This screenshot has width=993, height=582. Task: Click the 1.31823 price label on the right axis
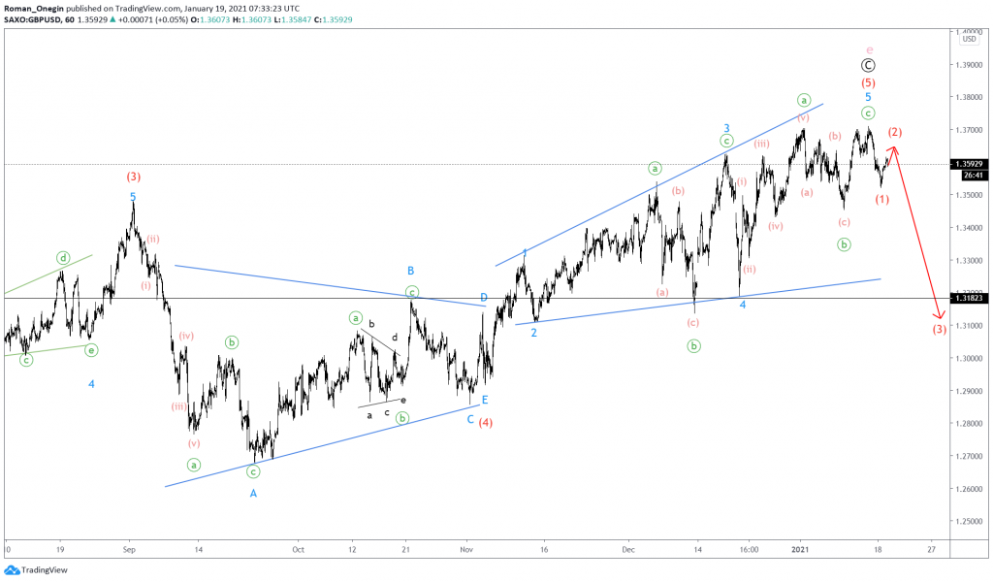point(971,299)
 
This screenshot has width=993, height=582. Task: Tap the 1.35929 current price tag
point(971,164)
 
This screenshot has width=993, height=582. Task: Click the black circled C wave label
point(869,65)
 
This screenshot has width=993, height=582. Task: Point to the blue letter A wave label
point(254,493)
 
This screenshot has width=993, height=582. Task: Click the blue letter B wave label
point(411,271)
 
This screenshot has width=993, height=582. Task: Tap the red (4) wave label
point(486,422)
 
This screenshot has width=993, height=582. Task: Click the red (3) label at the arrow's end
point(940,330)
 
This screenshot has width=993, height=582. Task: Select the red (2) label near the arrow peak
point(896,132)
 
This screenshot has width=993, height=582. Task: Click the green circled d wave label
point(63,258)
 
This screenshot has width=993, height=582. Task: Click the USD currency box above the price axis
point(969,39)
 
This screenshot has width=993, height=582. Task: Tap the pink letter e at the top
point(869,48)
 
